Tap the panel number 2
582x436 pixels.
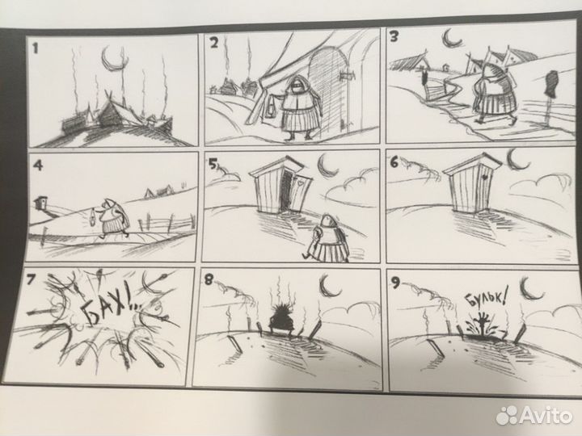(x=214, y=43)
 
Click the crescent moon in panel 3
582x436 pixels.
(x=450, y=38)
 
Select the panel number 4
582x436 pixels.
(x=38, y=165)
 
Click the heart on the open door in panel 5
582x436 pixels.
(x=300, y=182)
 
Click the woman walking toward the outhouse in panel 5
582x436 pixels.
(x=325, y=238)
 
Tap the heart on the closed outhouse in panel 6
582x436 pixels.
(x=484, y=177)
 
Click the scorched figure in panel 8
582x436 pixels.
(x=281, y=320)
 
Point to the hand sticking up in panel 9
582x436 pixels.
(x=482, y=321)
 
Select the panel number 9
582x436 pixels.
(x=395, y=283)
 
